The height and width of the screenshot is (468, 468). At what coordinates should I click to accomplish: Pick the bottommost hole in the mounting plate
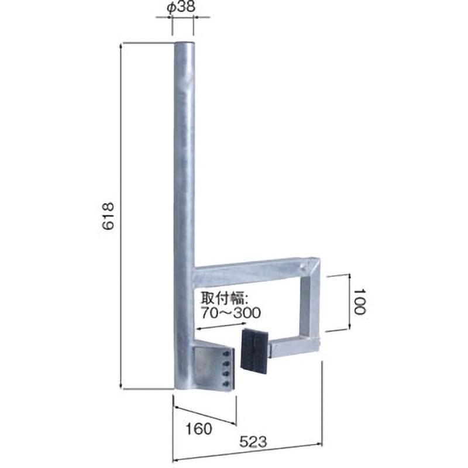(226, 383)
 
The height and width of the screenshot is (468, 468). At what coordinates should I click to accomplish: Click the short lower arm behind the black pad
(292, 348)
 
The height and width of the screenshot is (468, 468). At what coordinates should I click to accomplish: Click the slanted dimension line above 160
(205, 411)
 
